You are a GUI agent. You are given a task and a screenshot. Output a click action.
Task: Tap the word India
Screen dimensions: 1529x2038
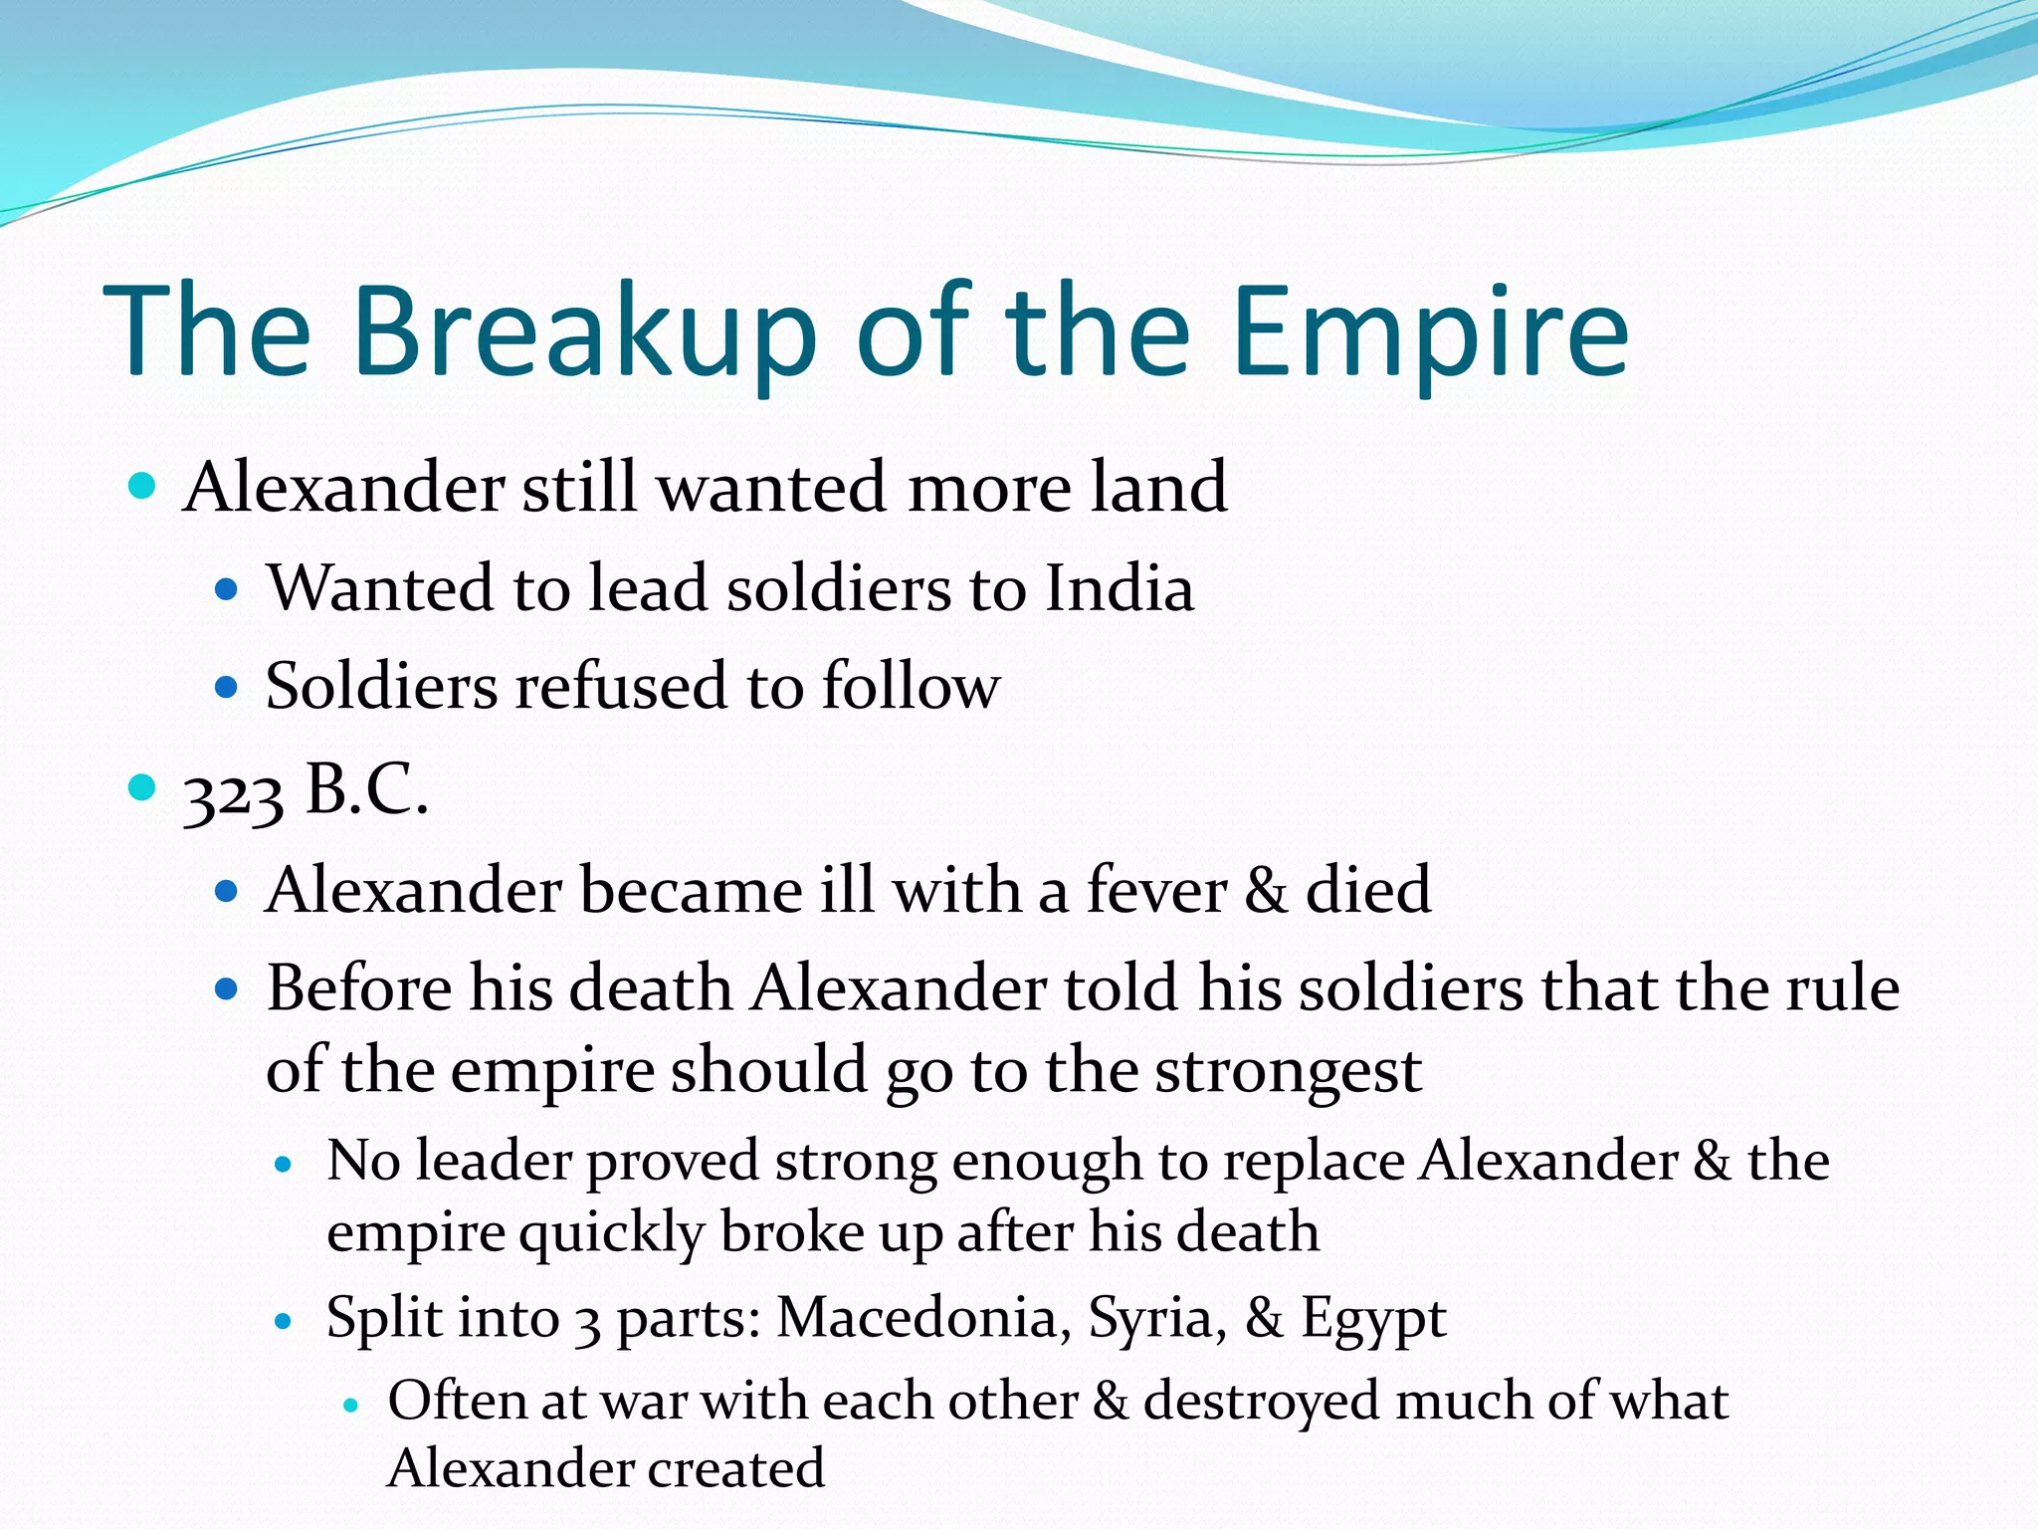point(1119,588)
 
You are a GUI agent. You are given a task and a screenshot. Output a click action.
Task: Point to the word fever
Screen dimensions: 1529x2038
point(1156,889)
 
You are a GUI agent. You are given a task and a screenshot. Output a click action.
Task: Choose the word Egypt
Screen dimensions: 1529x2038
point(1373,1320)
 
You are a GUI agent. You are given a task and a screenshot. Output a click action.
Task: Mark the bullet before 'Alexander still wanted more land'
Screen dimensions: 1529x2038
point(143,488)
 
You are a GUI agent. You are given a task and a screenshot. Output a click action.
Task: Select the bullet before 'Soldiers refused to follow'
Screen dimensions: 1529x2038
point(227,687)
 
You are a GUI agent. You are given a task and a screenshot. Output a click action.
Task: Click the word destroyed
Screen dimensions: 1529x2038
point(1261,1402)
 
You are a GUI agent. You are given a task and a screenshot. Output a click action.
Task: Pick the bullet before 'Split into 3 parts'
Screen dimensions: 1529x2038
point(285,1322)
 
